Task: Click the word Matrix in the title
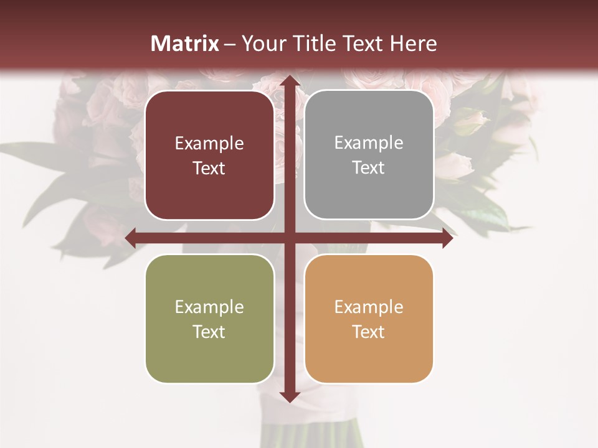coord(185,44)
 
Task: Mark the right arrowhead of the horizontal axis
coord(447,238)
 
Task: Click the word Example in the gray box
coord(369,143)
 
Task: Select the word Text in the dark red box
coord(209,169)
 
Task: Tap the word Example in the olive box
coord(209,307)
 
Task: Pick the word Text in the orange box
coord(369,332)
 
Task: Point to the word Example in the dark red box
coord(209,144)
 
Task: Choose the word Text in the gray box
coord(369,168)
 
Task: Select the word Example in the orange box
coord(369,307)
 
